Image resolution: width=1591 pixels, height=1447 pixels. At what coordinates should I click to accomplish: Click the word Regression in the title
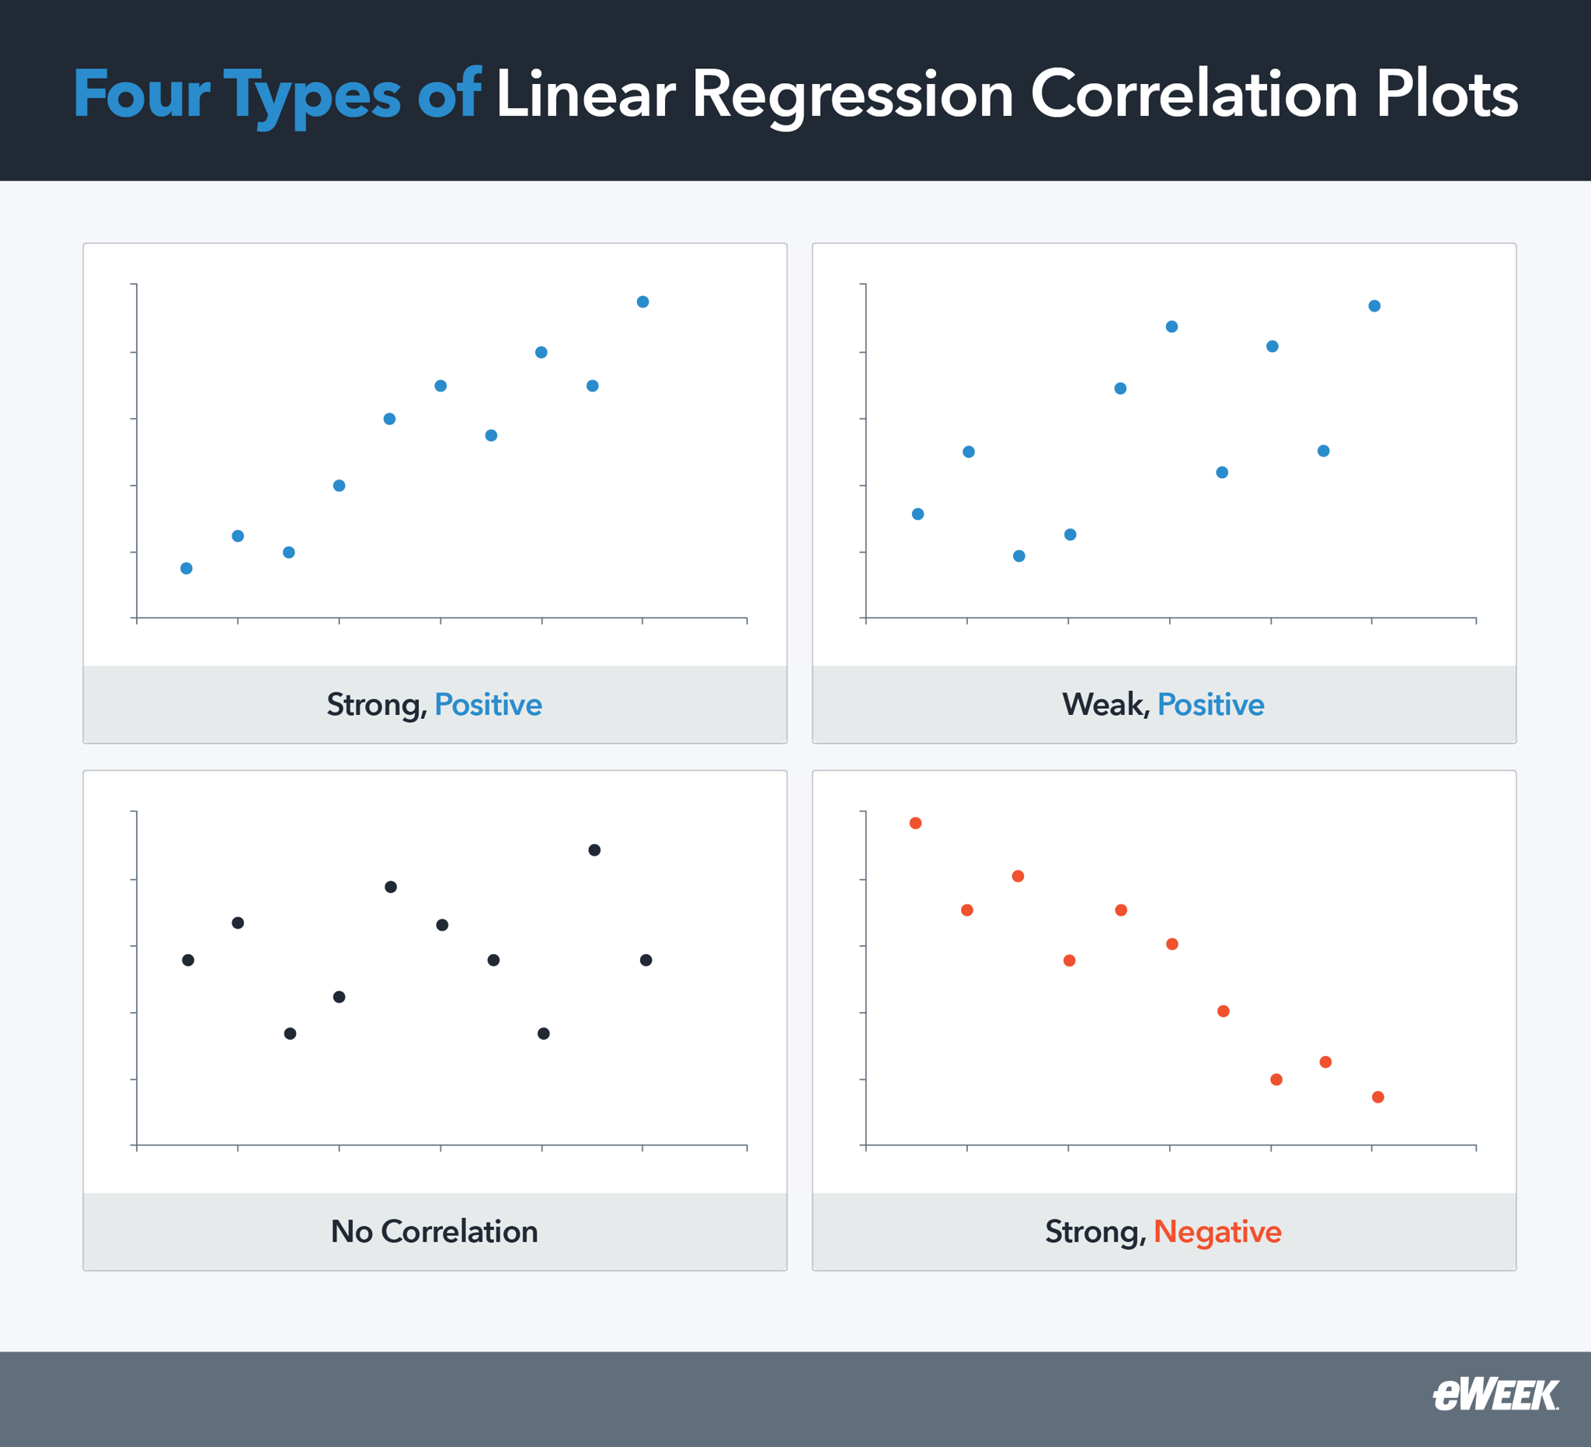tap(852, 95)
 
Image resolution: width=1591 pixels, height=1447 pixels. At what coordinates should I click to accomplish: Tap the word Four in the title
tap(142, 95)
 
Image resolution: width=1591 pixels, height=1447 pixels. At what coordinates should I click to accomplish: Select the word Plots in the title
tap(1447, 95)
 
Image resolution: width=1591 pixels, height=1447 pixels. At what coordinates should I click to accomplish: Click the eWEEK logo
tap(1495, 1395)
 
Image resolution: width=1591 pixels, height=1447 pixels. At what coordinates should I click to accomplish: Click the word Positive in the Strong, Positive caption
tap(488, 704)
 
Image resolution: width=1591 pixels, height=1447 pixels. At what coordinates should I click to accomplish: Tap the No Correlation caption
tap(434, 1232)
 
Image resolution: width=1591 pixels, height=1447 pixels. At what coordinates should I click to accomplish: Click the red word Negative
tap(1217, 1232)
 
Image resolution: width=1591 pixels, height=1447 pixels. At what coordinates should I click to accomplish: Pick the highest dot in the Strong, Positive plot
tap(642, 302)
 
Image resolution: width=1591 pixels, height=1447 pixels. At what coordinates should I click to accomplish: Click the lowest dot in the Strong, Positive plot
tap(186, 568)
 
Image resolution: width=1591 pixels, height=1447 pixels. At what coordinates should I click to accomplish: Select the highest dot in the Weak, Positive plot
tap(1374, 305)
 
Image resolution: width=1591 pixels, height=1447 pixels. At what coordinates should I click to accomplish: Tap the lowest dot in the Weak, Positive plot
tap(1018, 556)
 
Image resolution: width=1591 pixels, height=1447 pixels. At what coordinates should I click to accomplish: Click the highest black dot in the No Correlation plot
tap(594, 849)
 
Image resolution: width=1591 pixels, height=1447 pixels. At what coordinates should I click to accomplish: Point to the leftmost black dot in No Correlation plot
tap(188, 960)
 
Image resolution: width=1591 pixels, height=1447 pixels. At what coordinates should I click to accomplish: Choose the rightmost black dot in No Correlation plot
tap(646, 960)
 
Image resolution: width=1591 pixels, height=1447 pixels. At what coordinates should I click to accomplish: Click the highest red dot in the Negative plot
tap(915, 822)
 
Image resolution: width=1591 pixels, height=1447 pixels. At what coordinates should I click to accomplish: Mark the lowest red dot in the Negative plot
tap(1378, 1097)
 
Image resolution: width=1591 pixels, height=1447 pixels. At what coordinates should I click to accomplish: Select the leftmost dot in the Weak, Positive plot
tap(917, 514)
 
